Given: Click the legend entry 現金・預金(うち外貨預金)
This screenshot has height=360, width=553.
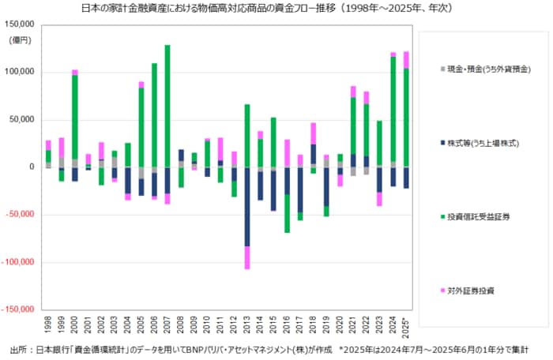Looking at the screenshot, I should pyautogui.click(x=487, y=70).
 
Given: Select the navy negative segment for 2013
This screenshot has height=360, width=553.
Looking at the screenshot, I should pyautogui.click(x=246, y=206).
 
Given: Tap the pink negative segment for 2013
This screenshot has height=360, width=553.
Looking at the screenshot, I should pyautogui.click(x=246, y=257).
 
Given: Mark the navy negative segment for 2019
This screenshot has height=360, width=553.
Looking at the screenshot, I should pyautogui.click(x=326, y=186).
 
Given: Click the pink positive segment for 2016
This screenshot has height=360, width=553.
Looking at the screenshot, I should pyautogui.click(x=287, y=153).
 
